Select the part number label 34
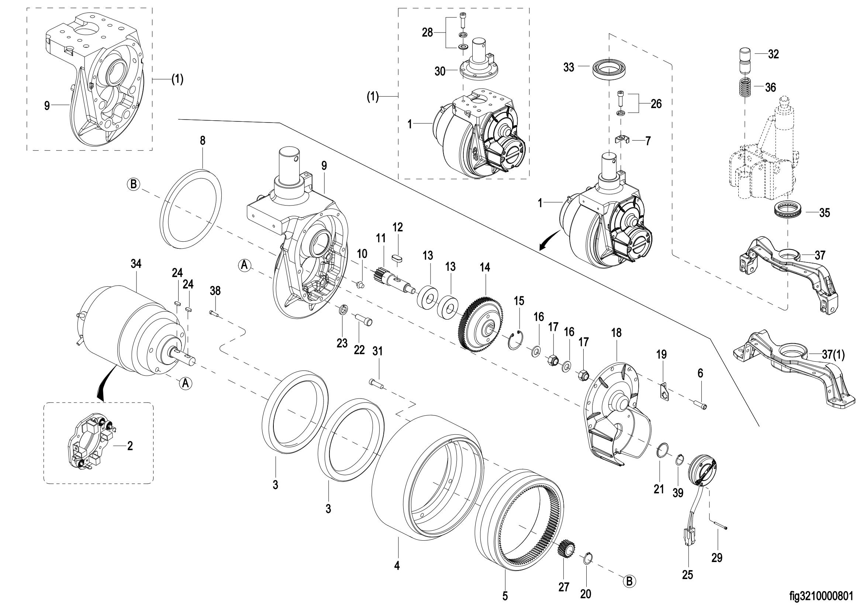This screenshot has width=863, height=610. point(136,264)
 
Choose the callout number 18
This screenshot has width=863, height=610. point(617,332)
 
